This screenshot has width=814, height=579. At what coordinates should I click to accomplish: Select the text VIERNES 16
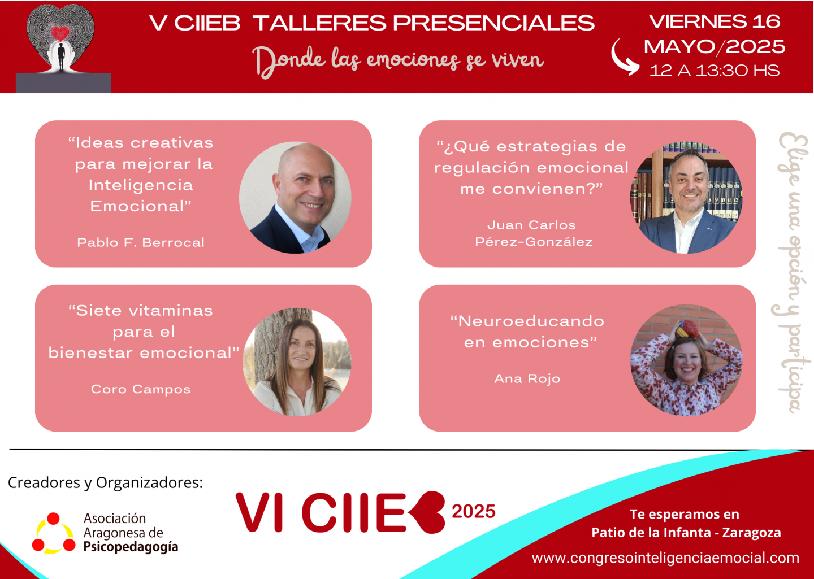point(715,21)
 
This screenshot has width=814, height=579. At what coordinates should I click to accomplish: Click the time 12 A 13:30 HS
point(715,71)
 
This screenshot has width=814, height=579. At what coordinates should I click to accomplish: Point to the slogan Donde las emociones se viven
point(399,61)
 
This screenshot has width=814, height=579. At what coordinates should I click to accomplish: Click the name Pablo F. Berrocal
point(141,242)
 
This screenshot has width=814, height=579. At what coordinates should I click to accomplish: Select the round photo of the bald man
point(295,197)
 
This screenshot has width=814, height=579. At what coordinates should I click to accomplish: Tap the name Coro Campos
point(141,389)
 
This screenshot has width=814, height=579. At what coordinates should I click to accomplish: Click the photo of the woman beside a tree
point(297,362)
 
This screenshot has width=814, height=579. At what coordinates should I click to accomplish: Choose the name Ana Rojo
point(527,378)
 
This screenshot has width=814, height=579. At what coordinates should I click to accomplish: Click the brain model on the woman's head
point(686,329)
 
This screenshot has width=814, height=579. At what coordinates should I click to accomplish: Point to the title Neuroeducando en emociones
point(527,331)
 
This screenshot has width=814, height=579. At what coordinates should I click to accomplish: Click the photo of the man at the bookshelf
point(686,197)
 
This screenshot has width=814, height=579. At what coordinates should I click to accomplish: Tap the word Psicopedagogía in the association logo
point(131,547)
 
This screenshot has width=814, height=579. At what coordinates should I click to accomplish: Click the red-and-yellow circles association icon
point(53,533)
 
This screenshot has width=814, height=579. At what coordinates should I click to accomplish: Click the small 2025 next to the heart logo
point(474,511)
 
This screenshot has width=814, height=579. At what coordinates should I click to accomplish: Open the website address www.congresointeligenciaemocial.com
point(665,558)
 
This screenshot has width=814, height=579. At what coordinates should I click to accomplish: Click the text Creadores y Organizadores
point(105,483)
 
